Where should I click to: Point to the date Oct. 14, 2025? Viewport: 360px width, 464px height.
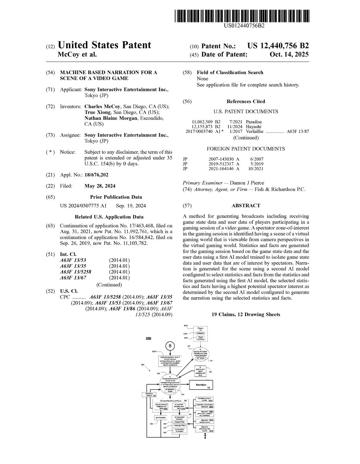[x=289, y=55]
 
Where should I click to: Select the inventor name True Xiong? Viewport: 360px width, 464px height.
[x=98, y=112]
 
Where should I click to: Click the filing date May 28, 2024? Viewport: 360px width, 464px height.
[x=100, y=186]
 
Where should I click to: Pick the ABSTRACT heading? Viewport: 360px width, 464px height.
[x=246, y=206]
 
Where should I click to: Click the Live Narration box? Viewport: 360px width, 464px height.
[x=160, y=418]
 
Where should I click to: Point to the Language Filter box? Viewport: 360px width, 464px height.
[x=179, y=425]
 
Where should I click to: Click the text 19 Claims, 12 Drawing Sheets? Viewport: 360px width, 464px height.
[x=246, y=315]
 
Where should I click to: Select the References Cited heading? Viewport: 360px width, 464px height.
[x=246, y=102]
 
